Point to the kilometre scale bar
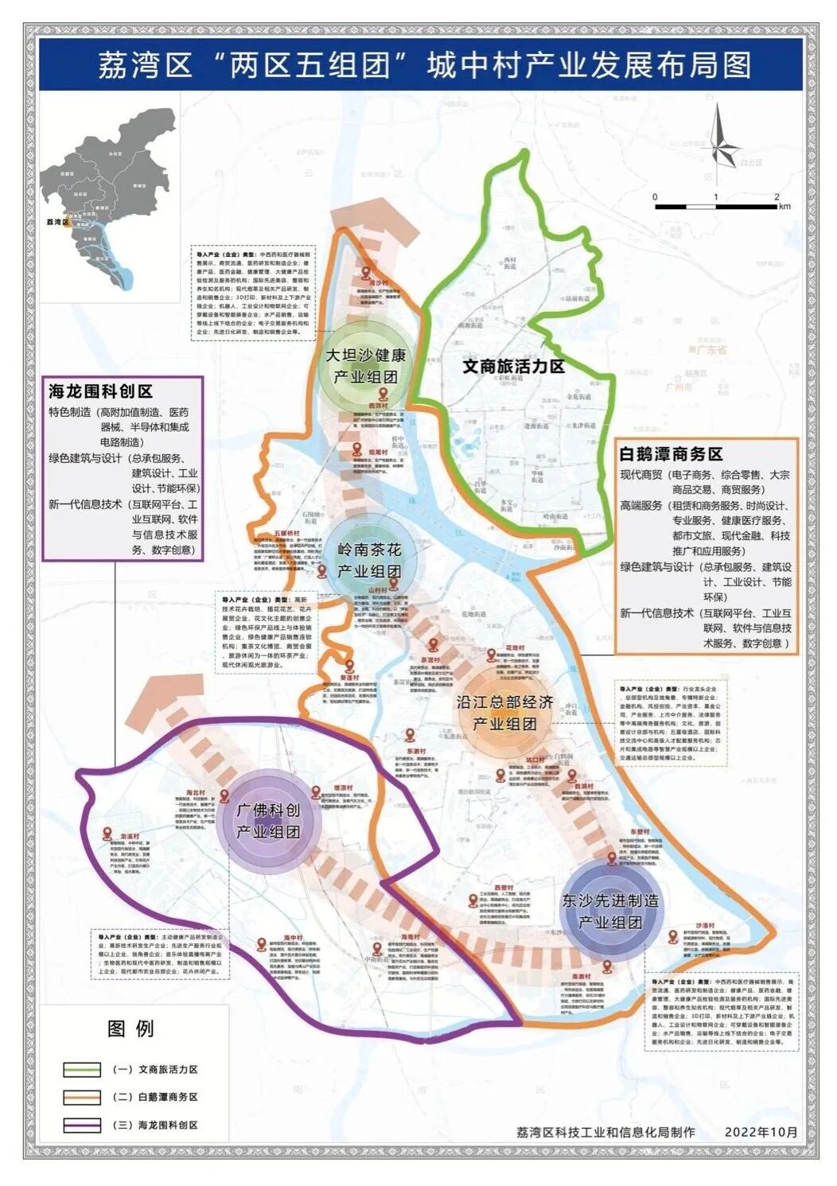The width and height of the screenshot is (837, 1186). click(x=716, y=206)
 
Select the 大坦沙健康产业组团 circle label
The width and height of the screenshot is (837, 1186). click(x=365, y=365)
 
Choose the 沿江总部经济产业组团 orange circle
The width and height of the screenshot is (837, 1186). click(x=504, y=713)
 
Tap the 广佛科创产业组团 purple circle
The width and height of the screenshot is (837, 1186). click(x=269, y=820)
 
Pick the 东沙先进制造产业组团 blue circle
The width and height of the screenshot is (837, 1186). click(x=610, y=912)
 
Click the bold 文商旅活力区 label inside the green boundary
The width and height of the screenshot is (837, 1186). click(x=513, y=367)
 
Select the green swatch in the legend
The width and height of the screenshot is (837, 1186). click(x=82, y=1070)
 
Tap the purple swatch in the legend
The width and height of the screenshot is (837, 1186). click(x=82, y=1125)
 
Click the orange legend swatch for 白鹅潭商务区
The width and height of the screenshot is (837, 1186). click(x=82, y=1097)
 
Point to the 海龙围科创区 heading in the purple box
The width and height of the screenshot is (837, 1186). click(x=100, y=391)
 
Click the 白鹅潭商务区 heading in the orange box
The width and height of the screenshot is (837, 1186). click(x=671, y=454)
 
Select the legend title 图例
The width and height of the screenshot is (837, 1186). click(x=130, y=1028)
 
